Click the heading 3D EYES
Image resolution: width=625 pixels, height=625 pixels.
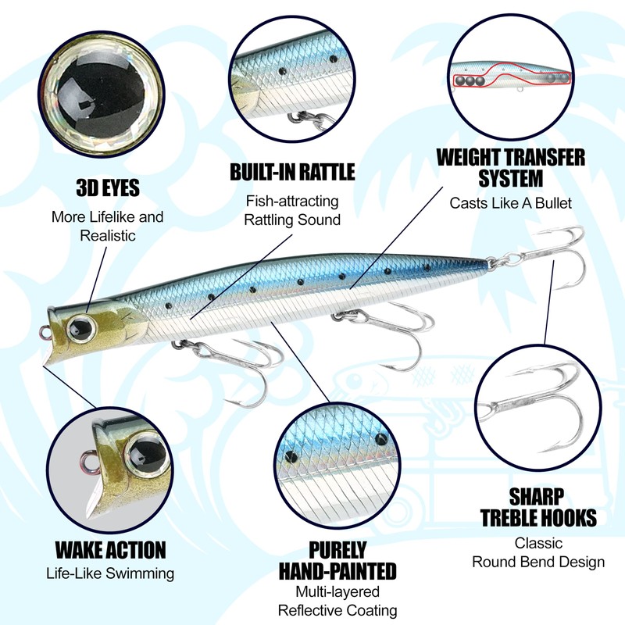108,187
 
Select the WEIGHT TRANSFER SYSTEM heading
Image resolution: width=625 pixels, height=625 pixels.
510,167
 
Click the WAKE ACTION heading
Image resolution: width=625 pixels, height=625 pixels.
110,549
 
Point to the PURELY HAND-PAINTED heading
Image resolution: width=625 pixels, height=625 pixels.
337,559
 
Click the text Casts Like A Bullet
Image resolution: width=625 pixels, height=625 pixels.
510,203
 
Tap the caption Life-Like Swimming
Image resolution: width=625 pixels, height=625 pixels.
110,574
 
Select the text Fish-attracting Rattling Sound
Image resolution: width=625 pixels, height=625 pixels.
292,210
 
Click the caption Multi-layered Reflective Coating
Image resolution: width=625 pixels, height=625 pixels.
337,602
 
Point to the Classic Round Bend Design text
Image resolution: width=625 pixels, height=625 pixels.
538,552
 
